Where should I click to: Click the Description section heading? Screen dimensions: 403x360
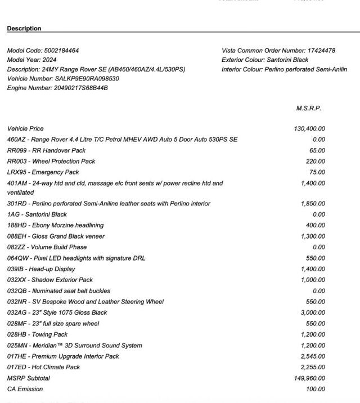[24, 28]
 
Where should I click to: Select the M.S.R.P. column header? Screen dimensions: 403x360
[309, 108]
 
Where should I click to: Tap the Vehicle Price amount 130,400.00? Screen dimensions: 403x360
[309, 128]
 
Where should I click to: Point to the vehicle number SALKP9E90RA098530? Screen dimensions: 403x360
[87, 79]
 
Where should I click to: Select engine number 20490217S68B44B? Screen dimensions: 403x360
[81, 88]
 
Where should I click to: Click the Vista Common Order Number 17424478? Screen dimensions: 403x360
[321, 51]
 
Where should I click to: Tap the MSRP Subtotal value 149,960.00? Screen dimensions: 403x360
[309, 378]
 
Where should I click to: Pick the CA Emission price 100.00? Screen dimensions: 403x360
[314, 389]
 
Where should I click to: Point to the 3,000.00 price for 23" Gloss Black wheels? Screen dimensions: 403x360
[313, 312]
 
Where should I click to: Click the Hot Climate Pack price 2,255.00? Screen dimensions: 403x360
[313, 367]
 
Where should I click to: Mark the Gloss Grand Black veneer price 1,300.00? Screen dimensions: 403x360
[313, 236]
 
